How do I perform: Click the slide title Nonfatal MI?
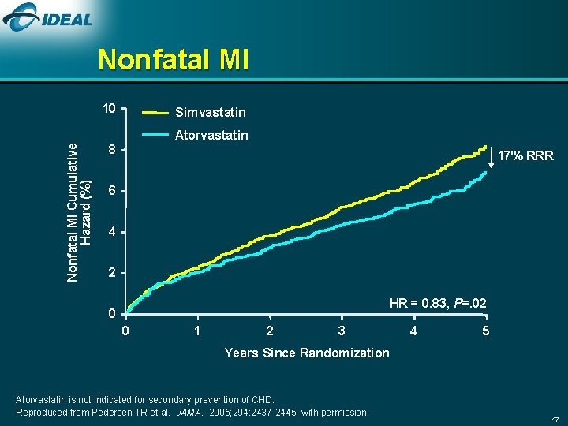[x=174, y=60]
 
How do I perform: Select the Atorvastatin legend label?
[x=211, y=135]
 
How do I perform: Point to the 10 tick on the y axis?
[x=110, y=108]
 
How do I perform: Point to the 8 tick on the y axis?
[x=113, y=150]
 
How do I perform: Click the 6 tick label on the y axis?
[x=113, y=192]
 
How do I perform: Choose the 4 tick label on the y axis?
[x=113, y=233]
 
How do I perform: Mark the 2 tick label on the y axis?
[x=113, y=274]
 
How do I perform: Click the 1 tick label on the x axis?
[x=197, y=331]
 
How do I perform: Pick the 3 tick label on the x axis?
[x=341, y=331]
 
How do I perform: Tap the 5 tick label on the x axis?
[x=486, y=331]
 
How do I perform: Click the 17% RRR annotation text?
[x=529, y=156]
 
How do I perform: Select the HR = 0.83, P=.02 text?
[x=438, y=303]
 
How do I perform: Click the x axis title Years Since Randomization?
[x=306, y=353]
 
